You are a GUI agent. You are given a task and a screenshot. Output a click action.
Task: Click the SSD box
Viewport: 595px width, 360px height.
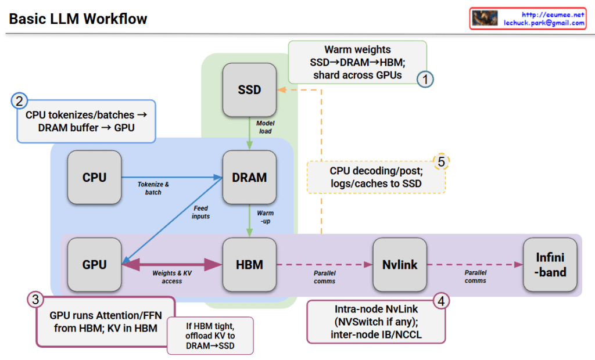(249, 90)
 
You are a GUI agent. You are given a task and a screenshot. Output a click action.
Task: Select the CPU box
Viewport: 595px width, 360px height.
(94, 177)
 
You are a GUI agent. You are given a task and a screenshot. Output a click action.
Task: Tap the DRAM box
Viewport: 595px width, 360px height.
(249, 177)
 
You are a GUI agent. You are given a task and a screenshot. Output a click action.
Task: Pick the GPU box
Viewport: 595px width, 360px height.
(94, 265)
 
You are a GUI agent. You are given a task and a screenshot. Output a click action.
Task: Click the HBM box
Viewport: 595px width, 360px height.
(249, 265)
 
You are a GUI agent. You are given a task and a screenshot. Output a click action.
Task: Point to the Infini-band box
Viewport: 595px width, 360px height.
(550, 265)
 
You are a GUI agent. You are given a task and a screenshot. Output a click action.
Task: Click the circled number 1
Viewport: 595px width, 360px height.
(425, 80)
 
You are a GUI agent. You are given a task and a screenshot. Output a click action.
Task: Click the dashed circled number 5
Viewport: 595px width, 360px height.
(441, 161)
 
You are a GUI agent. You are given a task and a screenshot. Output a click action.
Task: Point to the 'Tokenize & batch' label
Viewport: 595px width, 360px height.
(153, 188)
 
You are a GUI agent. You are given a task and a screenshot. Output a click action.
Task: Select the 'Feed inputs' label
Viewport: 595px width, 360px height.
(200, 212)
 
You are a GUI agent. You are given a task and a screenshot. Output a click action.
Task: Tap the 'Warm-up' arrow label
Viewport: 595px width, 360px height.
(265, 217)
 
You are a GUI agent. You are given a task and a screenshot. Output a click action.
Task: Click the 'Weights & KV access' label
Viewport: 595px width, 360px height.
(172, 277)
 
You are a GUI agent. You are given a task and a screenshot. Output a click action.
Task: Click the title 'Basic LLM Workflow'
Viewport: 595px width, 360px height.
(78, 19)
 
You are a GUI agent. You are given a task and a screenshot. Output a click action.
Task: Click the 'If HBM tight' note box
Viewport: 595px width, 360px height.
(210, 335)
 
